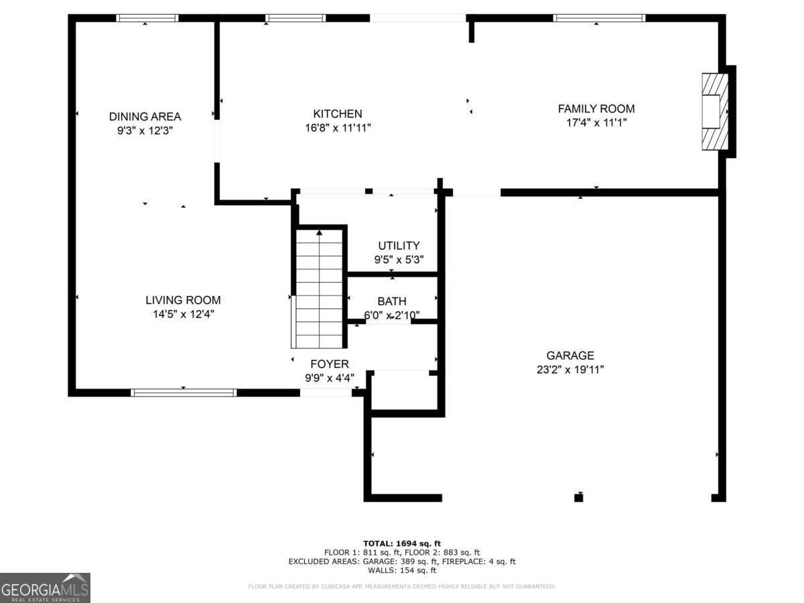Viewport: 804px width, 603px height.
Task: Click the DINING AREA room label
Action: pos(145,117)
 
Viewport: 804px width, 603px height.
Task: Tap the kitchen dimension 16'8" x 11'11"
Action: pos(338,128)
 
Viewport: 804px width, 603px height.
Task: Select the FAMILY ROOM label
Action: pos(596,109)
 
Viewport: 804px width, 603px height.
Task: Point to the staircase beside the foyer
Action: pos(320,288)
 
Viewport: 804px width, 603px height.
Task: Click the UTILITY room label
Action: pos(399,246)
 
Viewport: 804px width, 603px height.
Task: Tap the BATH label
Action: pos(391,301)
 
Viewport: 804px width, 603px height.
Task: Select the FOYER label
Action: pos(329,364)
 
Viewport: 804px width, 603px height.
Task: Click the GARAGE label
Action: pos(569,356)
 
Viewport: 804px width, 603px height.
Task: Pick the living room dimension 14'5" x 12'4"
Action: pos(183,314)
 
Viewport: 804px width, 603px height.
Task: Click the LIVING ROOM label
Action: pos(183,300)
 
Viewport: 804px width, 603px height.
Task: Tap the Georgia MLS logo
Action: pos(45,588)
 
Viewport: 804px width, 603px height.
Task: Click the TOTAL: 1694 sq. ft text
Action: pos(402,543)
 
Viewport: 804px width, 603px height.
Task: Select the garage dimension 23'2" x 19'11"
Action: pos(569,369)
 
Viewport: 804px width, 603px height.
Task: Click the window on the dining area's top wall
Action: pos(147,18)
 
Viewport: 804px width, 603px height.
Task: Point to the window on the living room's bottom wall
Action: pos(184,393)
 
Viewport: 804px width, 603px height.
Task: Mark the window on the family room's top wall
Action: pos(599,18)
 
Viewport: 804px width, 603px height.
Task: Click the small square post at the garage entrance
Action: pos(579,497)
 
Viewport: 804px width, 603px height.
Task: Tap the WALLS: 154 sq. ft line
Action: pos(402,571)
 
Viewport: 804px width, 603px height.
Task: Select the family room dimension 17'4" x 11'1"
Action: pos(596,123)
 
